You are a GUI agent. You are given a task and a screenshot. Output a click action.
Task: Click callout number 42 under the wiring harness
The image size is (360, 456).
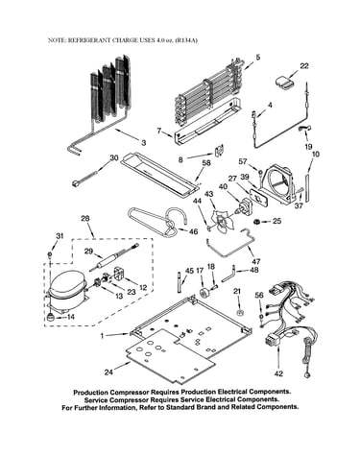pos(278,373)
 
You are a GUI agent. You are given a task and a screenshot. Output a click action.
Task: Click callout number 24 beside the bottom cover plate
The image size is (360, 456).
pos(108,372)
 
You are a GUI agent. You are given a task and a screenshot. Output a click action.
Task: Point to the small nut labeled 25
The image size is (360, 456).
pos(256,221)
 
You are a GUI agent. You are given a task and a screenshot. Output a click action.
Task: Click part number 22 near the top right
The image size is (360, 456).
pos(303,65)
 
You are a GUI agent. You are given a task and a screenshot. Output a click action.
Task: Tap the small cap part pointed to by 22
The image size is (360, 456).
pos(284,82)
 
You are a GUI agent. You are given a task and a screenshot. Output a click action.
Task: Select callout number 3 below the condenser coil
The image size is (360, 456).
pos(143,143)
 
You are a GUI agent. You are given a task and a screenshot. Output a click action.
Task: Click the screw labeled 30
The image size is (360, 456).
pos(84,179)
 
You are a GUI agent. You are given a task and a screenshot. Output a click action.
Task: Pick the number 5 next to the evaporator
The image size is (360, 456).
pos(257,58)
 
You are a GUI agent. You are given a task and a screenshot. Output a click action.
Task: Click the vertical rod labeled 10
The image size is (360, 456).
pos(308,187)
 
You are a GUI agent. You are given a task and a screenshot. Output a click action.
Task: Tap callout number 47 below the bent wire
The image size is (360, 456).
pos(256,261)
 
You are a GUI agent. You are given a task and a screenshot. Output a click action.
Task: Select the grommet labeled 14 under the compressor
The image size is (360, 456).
pos(50,318)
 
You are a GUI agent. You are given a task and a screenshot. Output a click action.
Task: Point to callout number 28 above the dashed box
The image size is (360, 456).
pos(84,219)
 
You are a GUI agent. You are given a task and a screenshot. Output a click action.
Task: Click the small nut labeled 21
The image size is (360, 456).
pos(238,312)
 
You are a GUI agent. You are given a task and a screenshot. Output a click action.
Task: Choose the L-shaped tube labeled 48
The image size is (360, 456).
pos(228,274)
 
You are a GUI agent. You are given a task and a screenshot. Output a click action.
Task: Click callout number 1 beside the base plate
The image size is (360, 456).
pos(102,336)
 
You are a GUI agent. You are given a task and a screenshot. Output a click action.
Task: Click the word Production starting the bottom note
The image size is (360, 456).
pos(90,392)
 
